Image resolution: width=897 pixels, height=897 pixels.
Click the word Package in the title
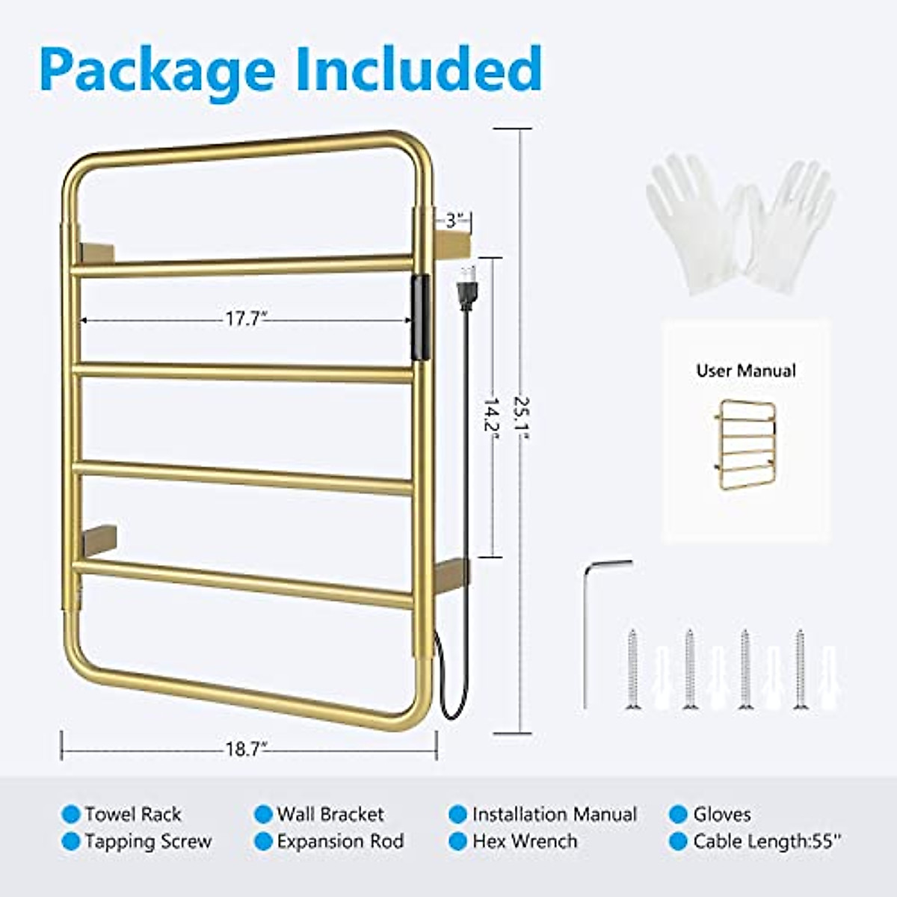[x=157, y=71]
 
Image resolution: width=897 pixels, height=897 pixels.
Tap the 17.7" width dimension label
[x=246, y=319]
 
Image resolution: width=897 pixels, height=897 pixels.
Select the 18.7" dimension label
[x=246, y=749]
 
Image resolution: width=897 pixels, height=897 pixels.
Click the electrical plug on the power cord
[x=468, y=289]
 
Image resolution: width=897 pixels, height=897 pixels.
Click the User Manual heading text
[x=746, y=371]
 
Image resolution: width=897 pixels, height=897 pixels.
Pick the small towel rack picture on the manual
[x=745, y=444]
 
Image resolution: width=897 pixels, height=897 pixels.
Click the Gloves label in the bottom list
[x=721, y=814]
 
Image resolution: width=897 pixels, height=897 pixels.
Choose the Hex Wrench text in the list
[x=525, y=842]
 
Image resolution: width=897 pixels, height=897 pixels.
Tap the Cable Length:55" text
[x=767, y=842]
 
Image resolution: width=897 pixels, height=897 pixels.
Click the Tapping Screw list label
[x=148, y=842]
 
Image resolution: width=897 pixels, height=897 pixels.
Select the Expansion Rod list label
[x=340, y=842]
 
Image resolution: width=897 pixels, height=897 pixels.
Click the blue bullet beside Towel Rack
[x=71, y=814]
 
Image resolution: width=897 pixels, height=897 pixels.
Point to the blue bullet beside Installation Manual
[x=458, y=814]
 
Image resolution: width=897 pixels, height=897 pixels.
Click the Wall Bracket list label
[x=330, y=814]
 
